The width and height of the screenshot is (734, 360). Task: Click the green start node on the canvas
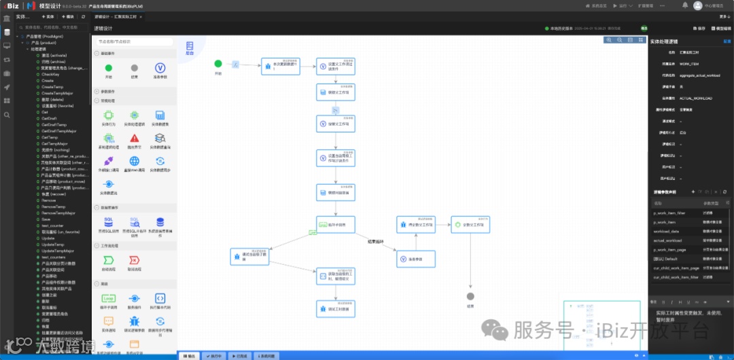(218, 64)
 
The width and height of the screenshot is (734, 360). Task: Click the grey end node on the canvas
(470, 296)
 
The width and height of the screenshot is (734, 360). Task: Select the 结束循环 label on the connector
(376, 241)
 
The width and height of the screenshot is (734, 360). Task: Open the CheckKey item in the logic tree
(51, 74)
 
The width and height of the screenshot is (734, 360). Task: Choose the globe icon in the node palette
(135, 161)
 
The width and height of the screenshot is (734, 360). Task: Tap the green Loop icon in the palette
(108, 298)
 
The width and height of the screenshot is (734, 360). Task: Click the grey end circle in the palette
(135, 68)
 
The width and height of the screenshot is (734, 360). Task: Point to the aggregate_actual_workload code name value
(700, 75)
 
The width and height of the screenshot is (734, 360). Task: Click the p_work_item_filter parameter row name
(669, 213)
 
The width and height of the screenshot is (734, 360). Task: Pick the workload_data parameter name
(665, 231)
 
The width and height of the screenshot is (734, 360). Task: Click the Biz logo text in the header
(11, 5)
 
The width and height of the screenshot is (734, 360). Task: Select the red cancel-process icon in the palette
(135, 260)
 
